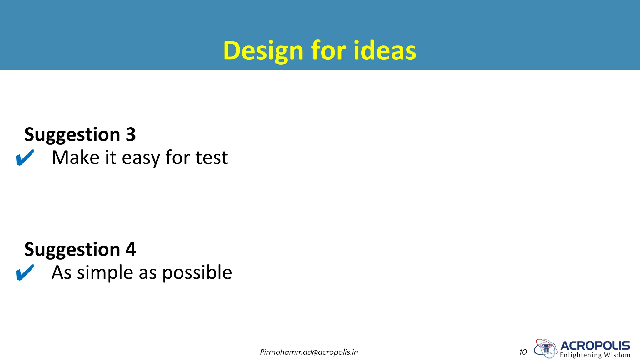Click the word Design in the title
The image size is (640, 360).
click(x=263, y=51)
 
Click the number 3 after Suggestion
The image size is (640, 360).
click(x=131, y=135)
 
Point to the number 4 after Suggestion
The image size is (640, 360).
click(x=131, y=250)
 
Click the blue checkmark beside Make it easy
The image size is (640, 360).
click(x=25, y=157)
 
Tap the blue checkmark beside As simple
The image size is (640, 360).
click(x=25, y=272)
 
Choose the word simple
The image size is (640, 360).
click(x=105, y=273)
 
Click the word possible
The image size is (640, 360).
click(x=197, y=273)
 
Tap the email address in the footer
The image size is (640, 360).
click(x=309, y=352)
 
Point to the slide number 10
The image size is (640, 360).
click(x=523, y=352)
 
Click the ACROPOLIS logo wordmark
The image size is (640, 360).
click(x=595, y=346)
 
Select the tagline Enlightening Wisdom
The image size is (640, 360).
click(x=595, y=355)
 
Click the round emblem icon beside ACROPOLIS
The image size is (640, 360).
click(x=545, y=348)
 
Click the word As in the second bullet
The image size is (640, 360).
click(x=62, y=272)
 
